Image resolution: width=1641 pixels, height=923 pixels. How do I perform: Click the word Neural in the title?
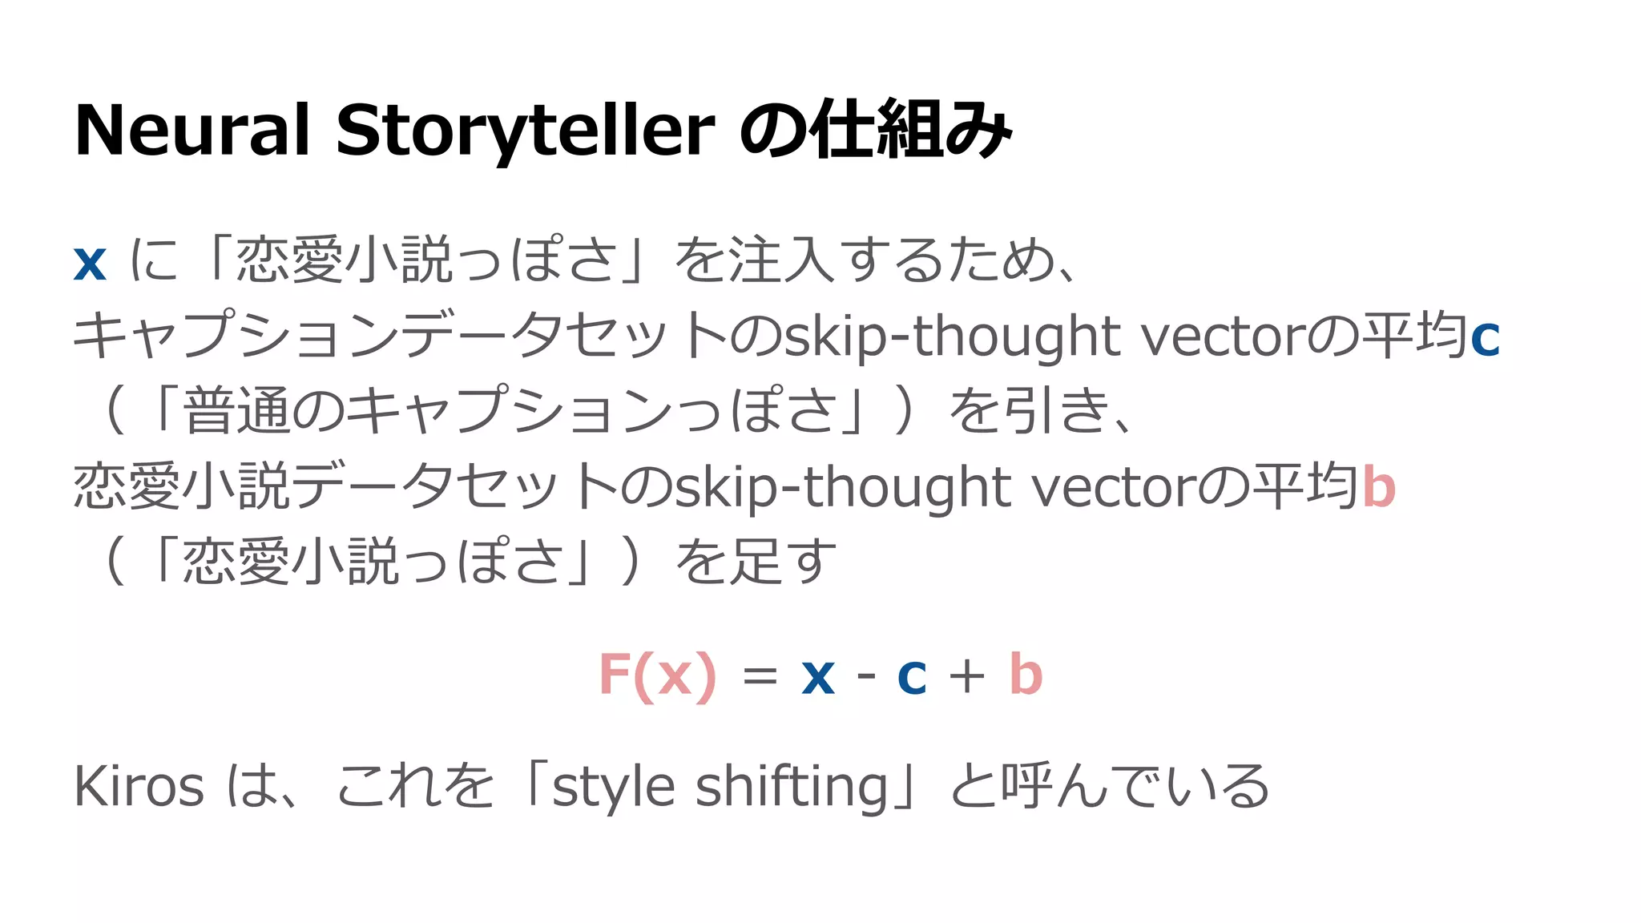tap(192, 130)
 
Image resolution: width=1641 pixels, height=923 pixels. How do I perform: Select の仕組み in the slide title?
tap(875, 130)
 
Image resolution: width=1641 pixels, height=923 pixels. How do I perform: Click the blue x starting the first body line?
tap(90, 262)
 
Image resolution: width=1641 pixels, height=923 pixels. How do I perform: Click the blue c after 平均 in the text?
tap(1485, 337)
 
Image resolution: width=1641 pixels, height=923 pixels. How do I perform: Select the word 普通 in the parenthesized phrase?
tap(237, 410)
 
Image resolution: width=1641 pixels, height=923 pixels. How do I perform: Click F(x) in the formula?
tap(657, 675)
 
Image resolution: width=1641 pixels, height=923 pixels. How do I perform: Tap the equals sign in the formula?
tap(760, 675)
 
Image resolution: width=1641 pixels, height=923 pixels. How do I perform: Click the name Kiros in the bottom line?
tap(139, 787)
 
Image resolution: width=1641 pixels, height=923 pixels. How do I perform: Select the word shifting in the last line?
tap(792, 788)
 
